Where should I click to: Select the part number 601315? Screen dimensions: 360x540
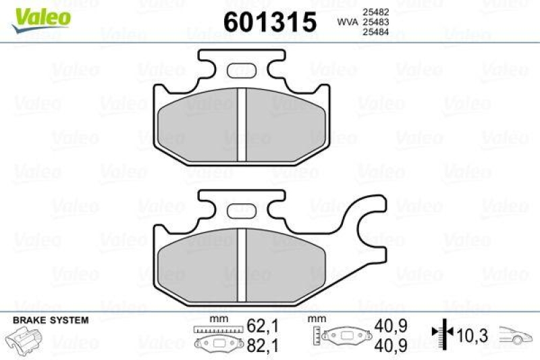coord(269,22)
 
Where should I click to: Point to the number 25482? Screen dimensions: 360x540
coord(375,12)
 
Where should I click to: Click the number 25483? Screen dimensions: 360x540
coord(375,22)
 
